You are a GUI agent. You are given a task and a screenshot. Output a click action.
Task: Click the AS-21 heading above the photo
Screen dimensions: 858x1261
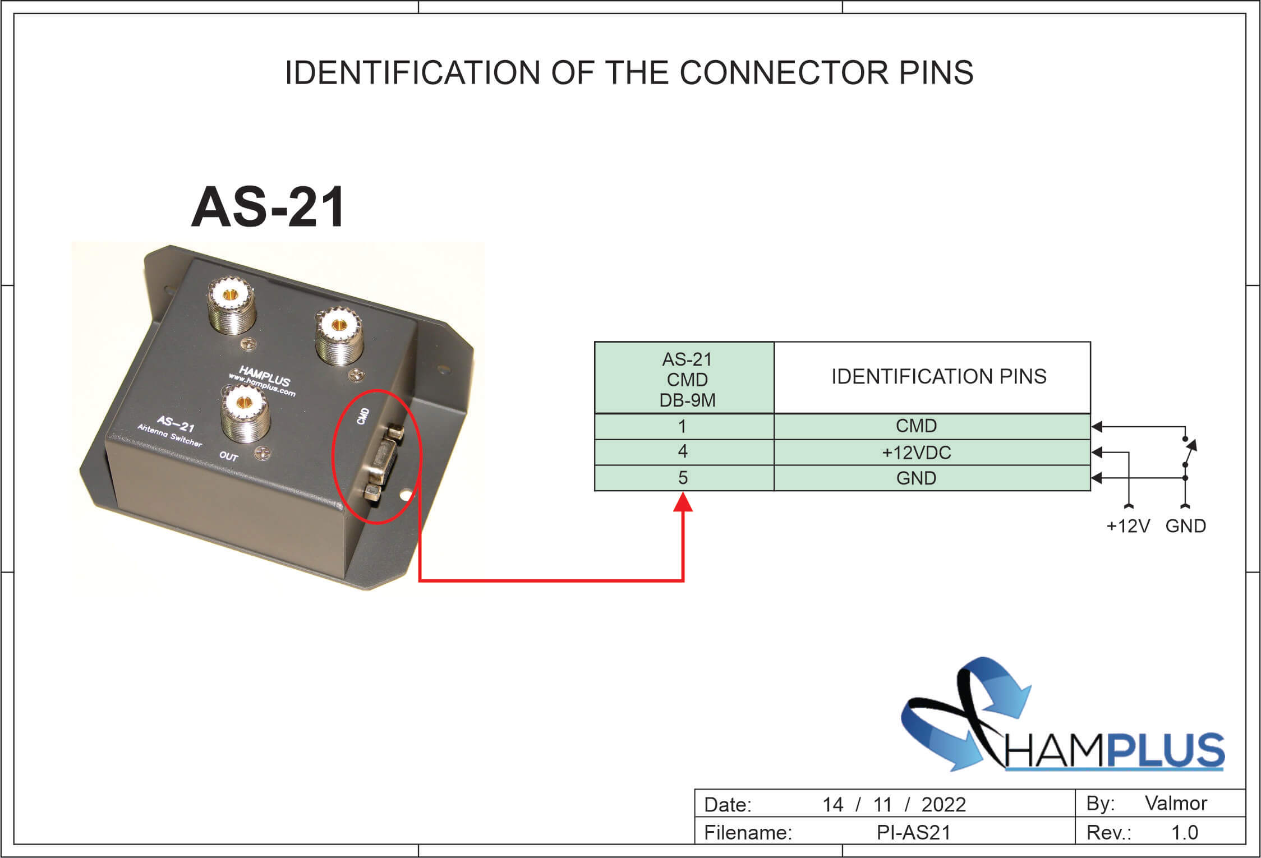pos(268,207)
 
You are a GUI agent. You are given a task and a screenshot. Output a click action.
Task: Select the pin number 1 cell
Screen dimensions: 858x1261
pos(683,427)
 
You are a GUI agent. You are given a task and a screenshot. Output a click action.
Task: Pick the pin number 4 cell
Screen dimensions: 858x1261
pos(683,452)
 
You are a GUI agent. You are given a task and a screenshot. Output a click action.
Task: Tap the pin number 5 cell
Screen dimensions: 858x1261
pos(683,478)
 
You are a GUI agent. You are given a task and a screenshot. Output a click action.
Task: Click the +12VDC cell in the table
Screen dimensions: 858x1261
pos(916,453)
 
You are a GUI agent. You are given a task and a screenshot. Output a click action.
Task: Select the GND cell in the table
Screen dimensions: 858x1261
pos(916,478)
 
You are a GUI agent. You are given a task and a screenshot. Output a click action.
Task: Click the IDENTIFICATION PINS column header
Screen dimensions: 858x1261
pos(938,376)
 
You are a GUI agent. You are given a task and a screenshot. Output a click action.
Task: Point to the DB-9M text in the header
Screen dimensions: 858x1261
pos(687,400)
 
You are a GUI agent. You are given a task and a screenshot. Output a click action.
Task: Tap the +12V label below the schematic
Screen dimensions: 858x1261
pos(1127,526)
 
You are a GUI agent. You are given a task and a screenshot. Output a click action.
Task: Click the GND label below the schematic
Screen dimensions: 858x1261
pos(1185,526)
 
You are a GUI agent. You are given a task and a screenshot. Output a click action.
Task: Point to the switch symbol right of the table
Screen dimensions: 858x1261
pos(1188,451)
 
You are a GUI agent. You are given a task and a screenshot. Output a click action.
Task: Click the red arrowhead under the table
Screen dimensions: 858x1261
pos(683,502)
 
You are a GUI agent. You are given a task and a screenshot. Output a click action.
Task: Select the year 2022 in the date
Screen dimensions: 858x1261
pos(944,805)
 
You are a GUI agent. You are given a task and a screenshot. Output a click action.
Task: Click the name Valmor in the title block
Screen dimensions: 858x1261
pos(1176,803)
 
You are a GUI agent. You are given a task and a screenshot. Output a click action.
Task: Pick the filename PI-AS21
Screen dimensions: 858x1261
pos(914,833)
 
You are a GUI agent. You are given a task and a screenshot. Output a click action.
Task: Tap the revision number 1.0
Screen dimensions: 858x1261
pos(1184,833)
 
